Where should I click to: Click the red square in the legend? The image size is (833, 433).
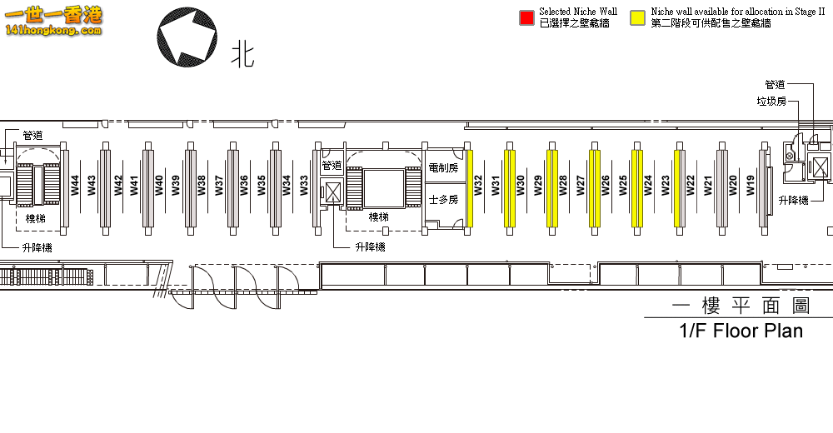[x=526, y=17]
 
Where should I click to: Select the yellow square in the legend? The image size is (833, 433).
[x=638, y=17]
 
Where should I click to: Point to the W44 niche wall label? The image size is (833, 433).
[x=75, y=185]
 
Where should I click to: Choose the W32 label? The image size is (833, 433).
[x=478, y=185]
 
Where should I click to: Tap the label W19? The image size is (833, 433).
[x=751, y=185]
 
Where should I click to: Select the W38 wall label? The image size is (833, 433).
[x=202, y=185]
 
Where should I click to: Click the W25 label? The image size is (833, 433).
[x=623, y=185]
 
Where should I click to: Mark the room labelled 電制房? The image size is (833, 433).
[x=442, y=167]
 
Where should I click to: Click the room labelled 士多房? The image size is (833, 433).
[x=442, y=200]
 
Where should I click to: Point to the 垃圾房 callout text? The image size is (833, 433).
[x=771, y=101]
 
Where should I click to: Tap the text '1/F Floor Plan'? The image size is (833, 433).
[x=741, y=331]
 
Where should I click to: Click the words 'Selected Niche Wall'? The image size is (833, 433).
[x=578, y=12]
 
